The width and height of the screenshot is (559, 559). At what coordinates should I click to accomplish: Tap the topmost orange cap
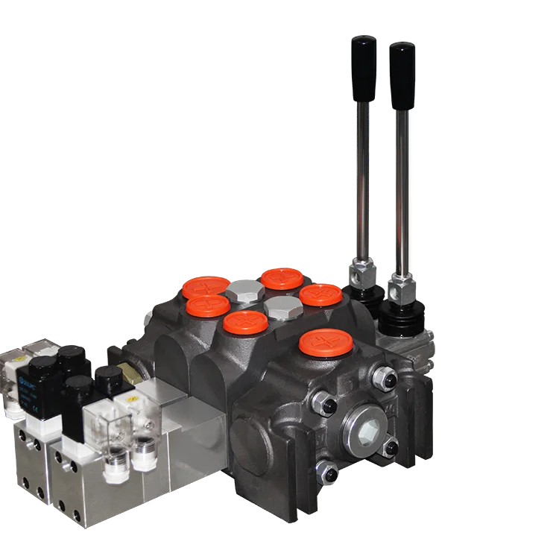click(282, 279)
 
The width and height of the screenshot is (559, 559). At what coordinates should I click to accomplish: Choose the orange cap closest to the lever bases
click(320, 294)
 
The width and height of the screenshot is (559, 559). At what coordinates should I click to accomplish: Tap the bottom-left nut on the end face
click(328, 471)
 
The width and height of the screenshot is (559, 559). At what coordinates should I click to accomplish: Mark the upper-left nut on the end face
click(326, 406)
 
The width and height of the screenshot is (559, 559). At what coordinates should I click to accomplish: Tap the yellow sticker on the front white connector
click(132, 407)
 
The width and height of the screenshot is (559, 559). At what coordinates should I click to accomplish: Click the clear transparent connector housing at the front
click(108, 429)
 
